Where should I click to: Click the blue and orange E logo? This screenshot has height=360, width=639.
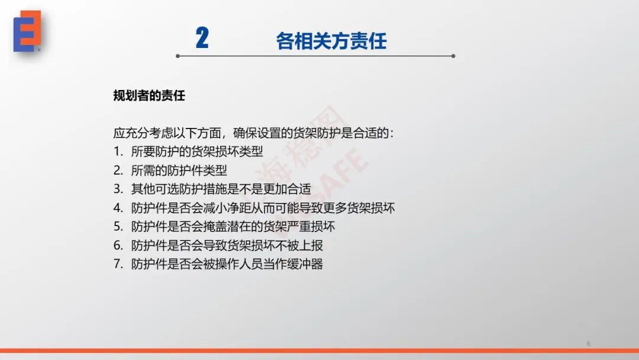coord(27,31)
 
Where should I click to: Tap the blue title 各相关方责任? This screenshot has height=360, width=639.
coord(331,41)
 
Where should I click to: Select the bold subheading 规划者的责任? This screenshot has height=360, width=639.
coord(149,95)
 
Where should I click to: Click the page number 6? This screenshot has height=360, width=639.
coord(588,343)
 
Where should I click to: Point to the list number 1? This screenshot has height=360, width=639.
coord(118,151)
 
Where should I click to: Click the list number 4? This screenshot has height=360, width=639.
coord(118,208)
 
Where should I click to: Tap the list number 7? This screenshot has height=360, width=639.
coord(118,263)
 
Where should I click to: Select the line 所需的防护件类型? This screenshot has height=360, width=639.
coord(179,171)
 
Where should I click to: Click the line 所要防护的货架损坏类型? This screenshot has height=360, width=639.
coord(197,151)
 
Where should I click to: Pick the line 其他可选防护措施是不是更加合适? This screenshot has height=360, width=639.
coord(221,189)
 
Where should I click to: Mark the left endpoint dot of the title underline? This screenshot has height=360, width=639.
coord(177,56)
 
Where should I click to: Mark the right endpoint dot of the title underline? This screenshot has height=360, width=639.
coord(453,56)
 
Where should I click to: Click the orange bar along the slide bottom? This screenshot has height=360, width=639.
coord(319,351)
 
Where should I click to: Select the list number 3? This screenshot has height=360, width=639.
coord(118,189)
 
